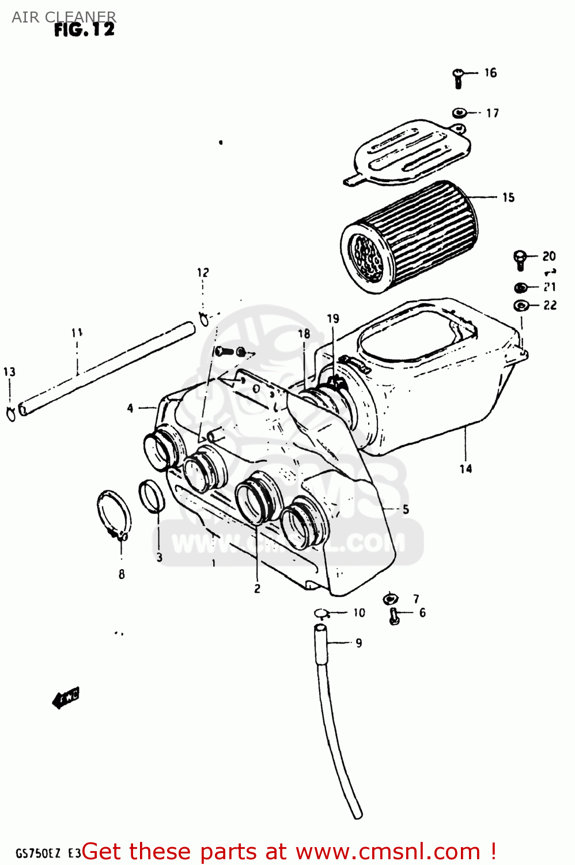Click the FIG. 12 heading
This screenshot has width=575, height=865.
(85, 30)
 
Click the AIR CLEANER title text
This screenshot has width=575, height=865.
(63, 17)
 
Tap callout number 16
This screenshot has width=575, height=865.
(490, 73)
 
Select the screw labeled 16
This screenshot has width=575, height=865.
(459, 78)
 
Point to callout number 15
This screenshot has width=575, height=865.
(508, 197)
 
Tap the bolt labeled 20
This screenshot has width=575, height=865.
(520, 259)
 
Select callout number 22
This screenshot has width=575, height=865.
(550, 305)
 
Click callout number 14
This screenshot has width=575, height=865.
(466, 469)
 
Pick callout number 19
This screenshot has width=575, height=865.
(333, 318)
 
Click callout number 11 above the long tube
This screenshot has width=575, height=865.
(77, 333)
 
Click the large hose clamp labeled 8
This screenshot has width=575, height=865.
(114, 513)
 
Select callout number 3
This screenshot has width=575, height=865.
(160, 557)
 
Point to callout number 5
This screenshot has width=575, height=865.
(406, 509)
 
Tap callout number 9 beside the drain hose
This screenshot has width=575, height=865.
(358, 642)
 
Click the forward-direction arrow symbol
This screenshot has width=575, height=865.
(66, 698)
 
